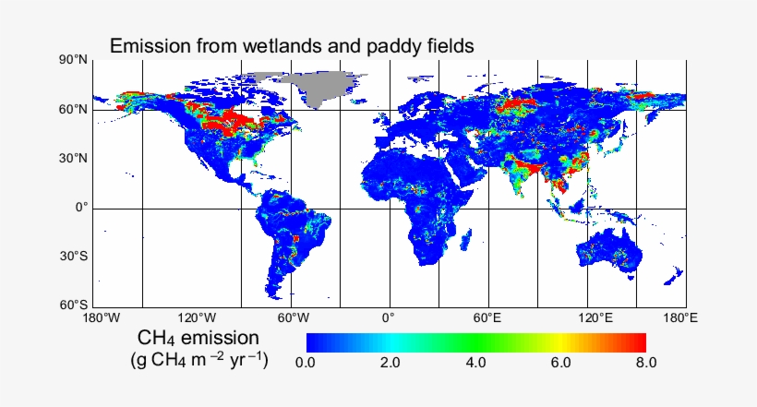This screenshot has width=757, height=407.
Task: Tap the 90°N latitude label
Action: pyautogui.click(x=75, y=61)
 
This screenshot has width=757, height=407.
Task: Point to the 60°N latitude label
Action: pyautogui.click(x=75, y=110)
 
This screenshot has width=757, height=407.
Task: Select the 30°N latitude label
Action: pyautogui.click(x=75, y=159)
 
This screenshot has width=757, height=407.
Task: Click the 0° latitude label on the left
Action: pyautogui.click(x=82, y=208)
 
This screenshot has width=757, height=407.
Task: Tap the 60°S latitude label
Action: pyautogui.click(x=75, y=305)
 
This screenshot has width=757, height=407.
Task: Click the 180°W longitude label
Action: pyautogui.click(x=102, y=318)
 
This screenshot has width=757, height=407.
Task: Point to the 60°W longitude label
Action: pyautogui.click(x=294, y=318)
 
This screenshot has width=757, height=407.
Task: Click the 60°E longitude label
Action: pyautogui.click(x=487, y=318)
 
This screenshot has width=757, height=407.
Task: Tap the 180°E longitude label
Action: pyautogui.click(x=680, y=318)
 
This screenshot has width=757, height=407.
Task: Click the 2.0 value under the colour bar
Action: pyautogui.click(x=391, y=363)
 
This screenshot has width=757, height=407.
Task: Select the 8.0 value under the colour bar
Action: pyautogui.click(x=645, y=363)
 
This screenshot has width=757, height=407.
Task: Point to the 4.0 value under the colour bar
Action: pyautogui.click(x=476, y=363)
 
